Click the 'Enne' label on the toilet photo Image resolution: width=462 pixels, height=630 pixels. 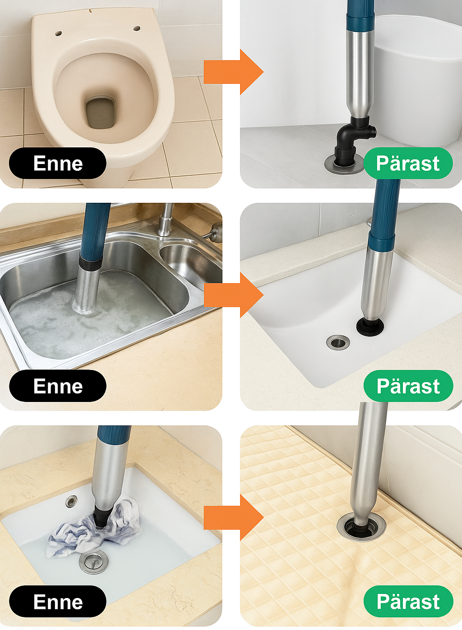pyautogui.click(x=58, y=164)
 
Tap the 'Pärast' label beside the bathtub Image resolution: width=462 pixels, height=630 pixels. pyautogui.click(x=408, y=164)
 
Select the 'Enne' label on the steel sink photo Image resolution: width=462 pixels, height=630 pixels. pyautogui.click(x=58, y=386)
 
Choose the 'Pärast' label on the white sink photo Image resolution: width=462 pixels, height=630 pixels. pyautogui.click(x=408, y=386)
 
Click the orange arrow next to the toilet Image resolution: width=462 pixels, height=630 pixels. pyautogui.click(x=233, y=72)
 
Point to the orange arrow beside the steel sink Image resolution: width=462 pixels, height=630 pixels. pyautogui.click(x=233, y=295)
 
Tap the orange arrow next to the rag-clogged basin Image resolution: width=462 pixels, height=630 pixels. pyautogui.click(x=233, y=517)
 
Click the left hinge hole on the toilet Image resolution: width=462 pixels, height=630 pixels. pyautogui.click(x=59, y=33)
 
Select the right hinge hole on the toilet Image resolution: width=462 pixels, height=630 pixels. pyautogui.click(x=137, y=28)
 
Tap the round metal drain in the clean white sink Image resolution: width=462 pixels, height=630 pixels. pyautogui.click(x=338, y=342)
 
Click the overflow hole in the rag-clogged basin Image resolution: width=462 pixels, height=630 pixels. pyautogui.click(x=71, y=501)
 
